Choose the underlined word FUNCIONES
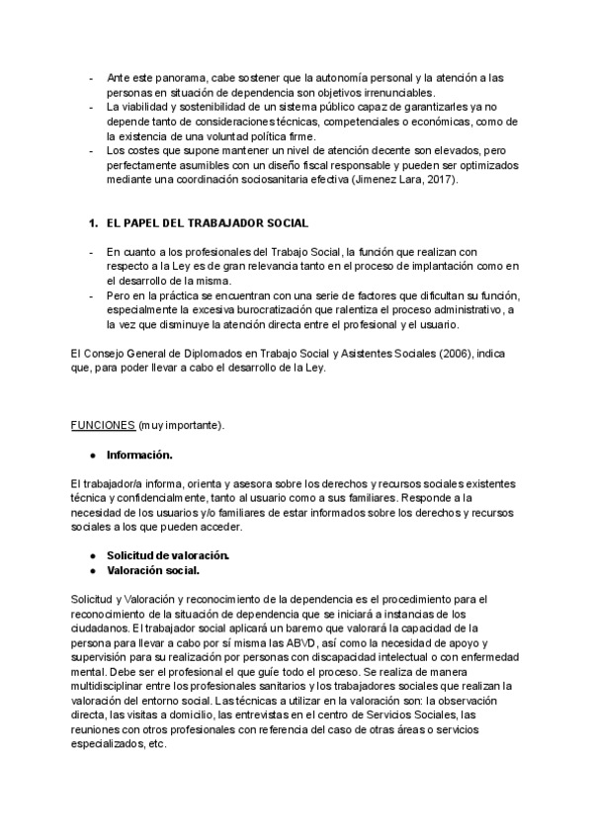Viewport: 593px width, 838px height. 103,425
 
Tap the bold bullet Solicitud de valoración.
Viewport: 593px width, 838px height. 168,555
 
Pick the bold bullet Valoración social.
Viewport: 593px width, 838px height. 153,570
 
